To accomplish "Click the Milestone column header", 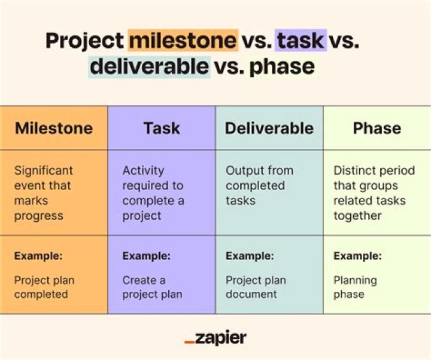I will [x=54, y=128].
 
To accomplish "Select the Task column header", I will [x=162, y=128].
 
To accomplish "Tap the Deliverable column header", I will [x=269, y=128].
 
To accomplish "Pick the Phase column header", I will [x=377, y=128].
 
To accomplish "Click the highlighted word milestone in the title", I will [x=183, y=41].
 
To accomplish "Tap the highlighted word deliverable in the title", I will [x=150, y=66].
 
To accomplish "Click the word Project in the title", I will [x=84, y=41].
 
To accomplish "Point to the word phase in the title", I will [x=282, y=66].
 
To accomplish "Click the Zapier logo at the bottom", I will [x=215, y=338].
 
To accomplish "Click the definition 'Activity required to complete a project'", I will [x=154, y=193].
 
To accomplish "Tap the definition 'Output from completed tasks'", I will [x=259, y=185].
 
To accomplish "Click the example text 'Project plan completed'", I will [x=45, y=287].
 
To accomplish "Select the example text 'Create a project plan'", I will [x=152, y=287].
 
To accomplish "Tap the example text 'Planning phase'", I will [x=355, y=287].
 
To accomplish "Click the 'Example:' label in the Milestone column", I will [x=38, y=256].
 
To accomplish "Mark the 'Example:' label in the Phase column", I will [x=357, y=256].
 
